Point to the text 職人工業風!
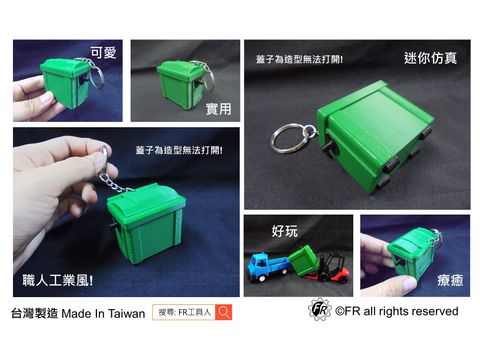pyautogui.click(x=58, y=281)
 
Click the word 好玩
pyautogui.click(x=285, y=232)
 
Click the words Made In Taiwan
pyautogui.click(x=103, y=313)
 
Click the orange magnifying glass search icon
pyautogui.click(x=225, y=313)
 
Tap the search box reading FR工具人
pyautogui.click(x=186, y=313)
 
